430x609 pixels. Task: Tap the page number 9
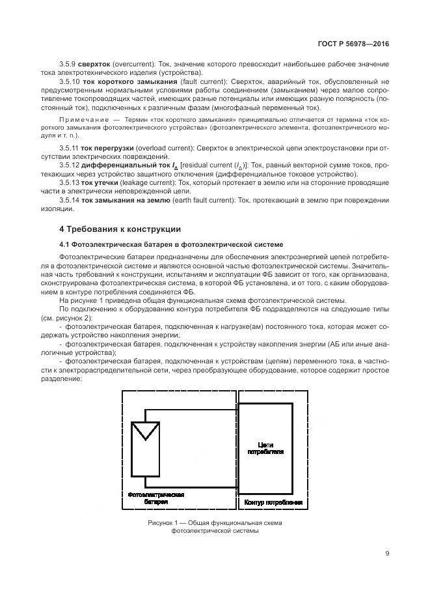click(x=386, y=554)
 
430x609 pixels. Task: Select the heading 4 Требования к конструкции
click(x=120, y=229)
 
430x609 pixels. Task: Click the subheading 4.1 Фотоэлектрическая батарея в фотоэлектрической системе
click(x=171, y=244)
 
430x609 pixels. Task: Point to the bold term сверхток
click(x=92, y=67)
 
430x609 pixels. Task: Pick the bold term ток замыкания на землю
click(x=121, y=201)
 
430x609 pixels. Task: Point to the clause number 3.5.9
click(x=67, y=67)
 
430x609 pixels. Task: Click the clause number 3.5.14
click(x=69, y=201)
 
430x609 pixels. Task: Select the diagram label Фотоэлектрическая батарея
click(x=156, y=498)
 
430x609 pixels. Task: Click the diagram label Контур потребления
click(x=273, y=503)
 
